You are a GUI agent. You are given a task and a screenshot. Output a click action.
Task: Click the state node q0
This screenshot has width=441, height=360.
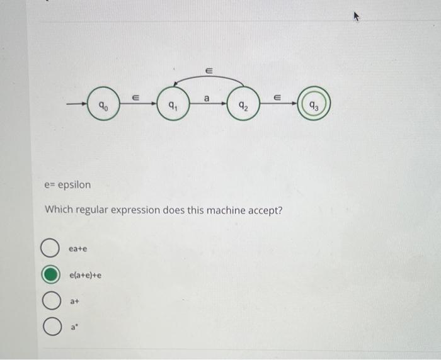click(x=105, y=107)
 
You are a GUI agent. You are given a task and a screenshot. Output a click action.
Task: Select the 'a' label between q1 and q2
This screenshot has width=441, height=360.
click(x=206, y=97)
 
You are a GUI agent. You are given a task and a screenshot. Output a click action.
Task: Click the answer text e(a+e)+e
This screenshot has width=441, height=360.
click(x=86, y=275)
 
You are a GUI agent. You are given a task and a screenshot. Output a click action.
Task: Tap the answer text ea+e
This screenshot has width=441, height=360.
click(x=78, y=250)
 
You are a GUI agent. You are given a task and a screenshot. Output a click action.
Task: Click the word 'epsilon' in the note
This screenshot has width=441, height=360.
click(x=74, y=185)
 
